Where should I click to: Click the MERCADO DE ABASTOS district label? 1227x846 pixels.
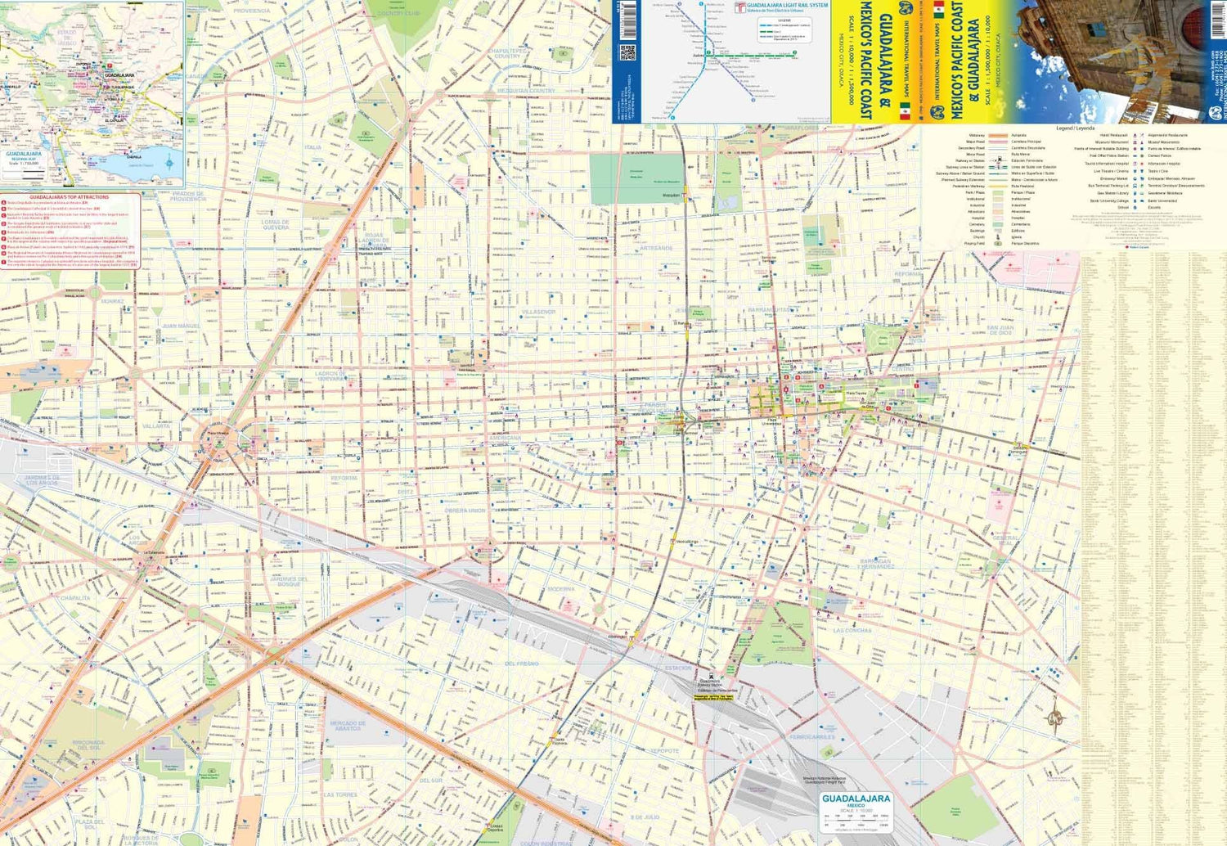click(x=348, y=726)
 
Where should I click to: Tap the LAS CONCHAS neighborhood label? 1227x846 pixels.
click(x=852, y=631)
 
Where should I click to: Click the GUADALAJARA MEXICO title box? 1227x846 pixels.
click(x=856, y=802)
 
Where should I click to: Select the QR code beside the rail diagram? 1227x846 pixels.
click(x=627, y=53)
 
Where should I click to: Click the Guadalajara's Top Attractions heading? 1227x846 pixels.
click(x=70, y=197)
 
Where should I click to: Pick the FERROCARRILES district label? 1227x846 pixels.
click(x=811, y=737)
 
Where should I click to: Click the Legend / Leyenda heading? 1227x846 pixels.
click(x=1075, y=128)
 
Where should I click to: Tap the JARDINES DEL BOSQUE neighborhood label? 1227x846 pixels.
click(x=290, y=581)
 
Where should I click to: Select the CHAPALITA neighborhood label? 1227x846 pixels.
click(x=75, y=598)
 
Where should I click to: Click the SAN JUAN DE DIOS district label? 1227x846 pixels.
click(x=1000, y=330)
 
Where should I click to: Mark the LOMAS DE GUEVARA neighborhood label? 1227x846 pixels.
click(x=276, y=224)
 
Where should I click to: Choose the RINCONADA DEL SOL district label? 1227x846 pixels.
click(x=88, y=745)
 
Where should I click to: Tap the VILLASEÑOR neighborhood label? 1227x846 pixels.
click(x=538, y=312)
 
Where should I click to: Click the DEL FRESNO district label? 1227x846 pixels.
click(x=522, y=664)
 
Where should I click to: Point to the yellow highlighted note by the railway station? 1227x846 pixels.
click(x=715, y=698)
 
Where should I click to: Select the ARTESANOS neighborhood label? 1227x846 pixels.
click(x=656, y=248)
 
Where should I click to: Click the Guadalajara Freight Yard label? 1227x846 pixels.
click(x=824, y=781)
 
